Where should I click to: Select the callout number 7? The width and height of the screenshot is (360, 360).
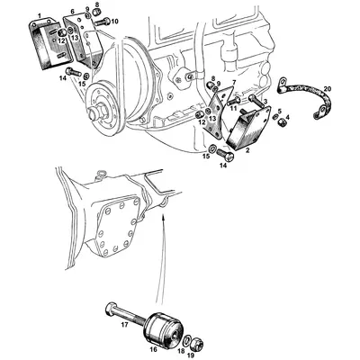click(x=232, y=82)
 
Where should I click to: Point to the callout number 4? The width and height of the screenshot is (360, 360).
click(x=287, y=117)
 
